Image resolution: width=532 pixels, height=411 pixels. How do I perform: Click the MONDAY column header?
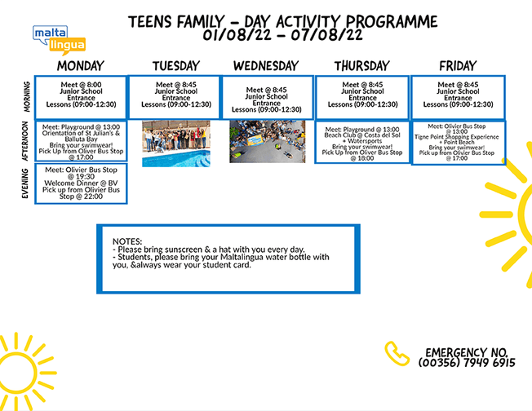pyautogui.click(x=80, y=66)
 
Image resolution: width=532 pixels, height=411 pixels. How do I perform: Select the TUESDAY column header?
pyautogui.click(x=175, y=66)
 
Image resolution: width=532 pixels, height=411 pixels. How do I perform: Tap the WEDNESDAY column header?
pyautogui.click(x=267, y=66)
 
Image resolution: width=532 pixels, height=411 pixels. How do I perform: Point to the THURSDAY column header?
pyautogui.click(x=362, y=66)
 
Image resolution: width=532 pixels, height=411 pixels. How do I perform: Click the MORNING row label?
pyautogui.click(x=26, y=97)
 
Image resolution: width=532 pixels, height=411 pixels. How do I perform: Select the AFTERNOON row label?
pyautogui.click(x=26, y=142)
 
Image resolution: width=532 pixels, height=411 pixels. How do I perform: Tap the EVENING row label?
pyautogui.click(x=26, y=183)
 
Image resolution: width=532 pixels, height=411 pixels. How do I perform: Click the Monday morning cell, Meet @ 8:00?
pyautogui.click(x=80, y=96)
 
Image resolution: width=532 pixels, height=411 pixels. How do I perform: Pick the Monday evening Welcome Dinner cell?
pyautogui.click(x=81, y=183)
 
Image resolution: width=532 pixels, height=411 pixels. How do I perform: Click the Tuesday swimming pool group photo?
pyautogui.click(x=175, y=144)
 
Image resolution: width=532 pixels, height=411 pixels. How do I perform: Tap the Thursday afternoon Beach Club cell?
pyautogui.click(x=362, y=142)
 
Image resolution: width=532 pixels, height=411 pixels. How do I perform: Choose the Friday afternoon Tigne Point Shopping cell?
pyautogui.click(x=457, y=142)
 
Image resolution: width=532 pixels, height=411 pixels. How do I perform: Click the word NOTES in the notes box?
pyautogui.click(x=127, y=241)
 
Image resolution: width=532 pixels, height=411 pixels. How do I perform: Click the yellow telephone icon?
pyautogui.click(x=397, y=352)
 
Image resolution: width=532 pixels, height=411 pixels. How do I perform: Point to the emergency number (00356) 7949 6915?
pyautogui.click(x=467, y=362)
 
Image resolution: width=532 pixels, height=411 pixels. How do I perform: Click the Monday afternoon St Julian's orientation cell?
pyautogui.click(x=81, y=141)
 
